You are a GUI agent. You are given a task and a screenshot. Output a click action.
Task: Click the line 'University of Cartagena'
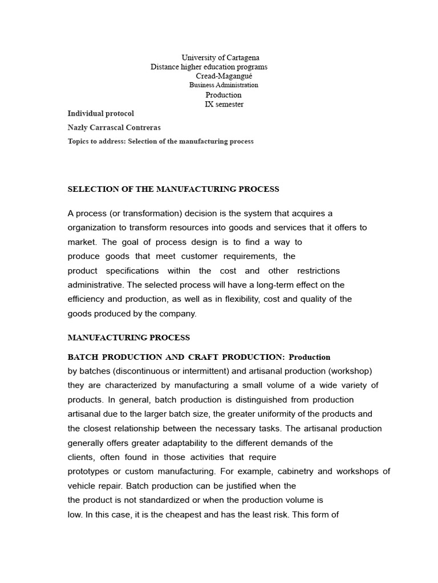pyautogui.click(x=220, y=58)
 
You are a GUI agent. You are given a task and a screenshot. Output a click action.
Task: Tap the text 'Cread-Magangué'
pyautogui.click(x=224, y=76)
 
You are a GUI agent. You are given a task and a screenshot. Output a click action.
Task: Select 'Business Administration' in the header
pyautogui.click(x=224, y=85)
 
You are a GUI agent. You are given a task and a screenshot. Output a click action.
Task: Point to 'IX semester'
pyautogui.click(x=224, y=104)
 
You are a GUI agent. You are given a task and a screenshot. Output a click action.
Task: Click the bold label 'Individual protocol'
pyautogui.click(x=101, y=114)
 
